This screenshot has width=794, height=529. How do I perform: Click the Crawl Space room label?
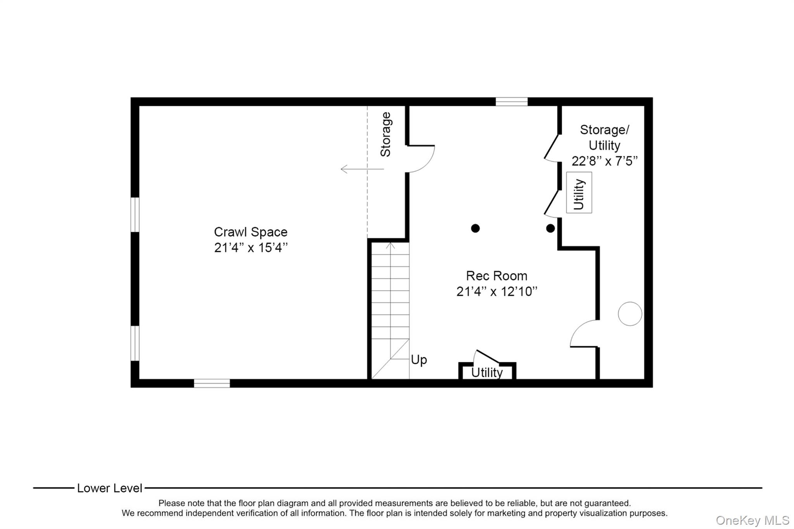tap(250, 232)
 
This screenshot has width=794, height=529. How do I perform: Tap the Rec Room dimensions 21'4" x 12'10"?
tap(497, 291)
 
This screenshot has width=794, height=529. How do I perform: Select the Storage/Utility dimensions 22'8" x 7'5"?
tap(604, 161)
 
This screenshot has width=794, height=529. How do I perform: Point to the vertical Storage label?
tap(385, 134)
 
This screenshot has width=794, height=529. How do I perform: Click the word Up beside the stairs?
tap(419, 360)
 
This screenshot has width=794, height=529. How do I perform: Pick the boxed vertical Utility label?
tap(579, 193)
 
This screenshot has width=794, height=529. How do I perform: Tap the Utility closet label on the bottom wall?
tap(487, 372)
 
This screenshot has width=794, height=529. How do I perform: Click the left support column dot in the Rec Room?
tap(475, 228)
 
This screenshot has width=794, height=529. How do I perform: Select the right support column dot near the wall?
tap(550, 228)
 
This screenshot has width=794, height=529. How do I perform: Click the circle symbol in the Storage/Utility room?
tap(630, 302)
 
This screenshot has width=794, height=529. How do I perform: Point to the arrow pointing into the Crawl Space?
tap(362, 169)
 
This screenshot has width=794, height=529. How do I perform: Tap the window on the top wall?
tap(511, 102)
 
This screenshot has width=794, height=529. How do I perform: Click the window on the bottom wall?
tap(212, 383)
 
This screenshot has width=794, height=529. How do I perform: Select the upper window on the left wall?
tap(135, 215)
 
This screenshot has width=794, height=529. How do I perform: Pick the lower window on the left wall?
tap(135, 343)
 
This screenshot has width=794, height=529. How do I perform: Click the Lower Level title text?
tap(110, 488)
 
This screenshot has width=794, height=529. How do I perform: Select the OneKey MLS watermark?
tap(753, 520)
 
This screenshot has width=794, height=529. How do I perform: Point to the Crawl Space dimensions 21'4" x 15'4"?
tap(251, 248)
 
